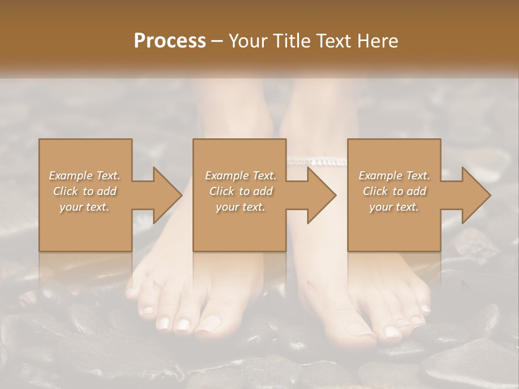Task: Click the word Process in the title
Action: (x=170, y=41)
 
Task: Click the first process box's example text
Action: (x=85, y=191)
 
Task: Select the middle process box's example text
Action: (x=241, y=191)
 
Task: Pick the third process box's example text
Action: (x=394, y=191)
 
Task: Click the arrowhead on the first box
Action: (x=168, y=195)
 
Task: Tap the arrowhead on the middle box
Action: (x=322, y=195)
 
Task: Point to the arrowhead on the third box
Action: (x=477, y=195)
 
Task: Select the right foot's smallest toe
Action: (x=425, y=308)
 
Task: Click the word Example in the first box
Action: (x=70, y=176)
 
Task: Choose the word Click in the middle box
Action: (x=221, y=191)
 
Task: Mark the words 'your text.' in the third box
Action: (x=394, y=207)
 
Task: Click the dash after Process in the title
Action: (x=217, y=41)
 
